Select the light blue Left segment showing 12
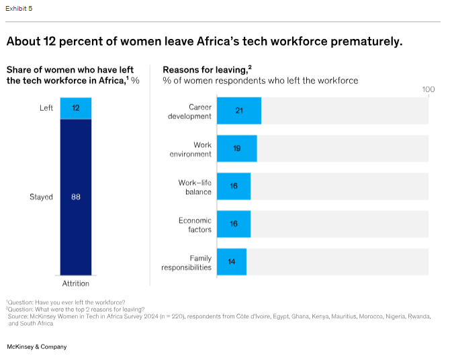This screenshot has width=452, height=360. (x=76, y=108)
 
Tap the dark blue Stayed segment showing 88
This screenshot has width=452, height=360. (x=76, y=197)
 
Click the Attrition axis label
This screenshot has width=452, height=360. (x=76, y=283)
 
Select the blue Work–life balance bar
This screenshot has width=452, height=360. (x=234, y=186)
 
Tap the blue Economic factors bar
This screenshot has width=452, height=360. (x=234, y=224)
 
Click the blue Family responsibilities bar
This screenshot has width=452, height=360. (x=232, y=261)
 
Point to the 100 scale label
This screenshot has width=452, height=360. (x=428, y=90)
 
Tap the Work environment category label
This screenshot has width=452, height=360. (x=193, y=149)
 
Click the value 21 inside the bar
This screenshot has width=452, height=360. (x=239, y=111)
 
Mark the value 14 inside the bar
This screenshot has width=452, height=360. (x=232, y=261)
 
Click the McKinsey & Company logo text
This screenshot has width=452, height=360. (x=36, y=347)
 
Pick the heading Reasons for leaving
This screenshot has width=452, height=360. (x=206, y=69)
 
